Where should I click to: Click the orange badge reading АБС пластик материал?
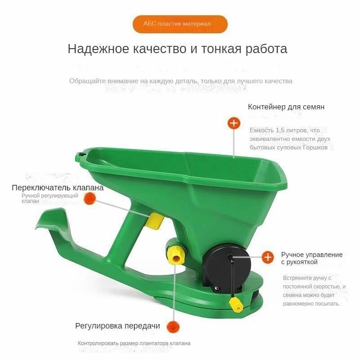coord(180,24)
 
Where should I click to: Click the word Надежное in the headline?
coord(98,49)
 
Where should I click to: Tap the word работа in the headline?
coord(266,49)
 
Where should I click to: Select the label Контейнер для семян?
coord(286,107)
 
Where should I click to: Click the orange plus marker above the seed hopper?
coord(234,123)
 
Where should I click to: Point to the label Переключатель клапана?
coord(58,188)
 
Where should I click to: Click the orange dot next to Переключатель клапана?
coord(90,198)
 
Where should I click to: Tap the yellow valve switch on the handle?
coord(155,220)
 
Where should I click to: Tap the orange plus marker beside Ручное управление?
coord(267,257)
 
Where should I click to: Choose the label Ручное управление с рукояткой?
coord(312,258)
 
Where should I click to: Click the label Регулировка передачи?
coord(117,326)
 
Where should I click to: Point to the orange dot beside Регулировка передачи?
coord(173,327)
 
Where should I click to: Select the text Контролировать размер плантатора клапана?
coord(134,343)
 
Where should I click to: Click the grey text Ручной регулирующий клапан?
coord(50,198)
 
